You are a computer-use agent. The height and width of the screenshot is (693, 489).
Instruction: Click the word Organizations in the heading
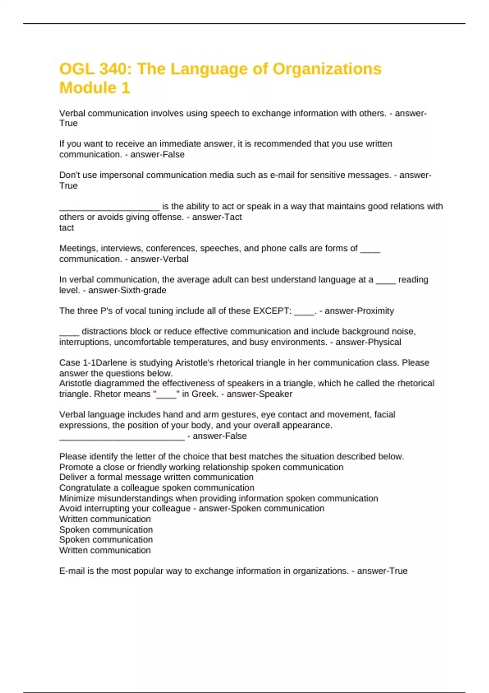[327, 69]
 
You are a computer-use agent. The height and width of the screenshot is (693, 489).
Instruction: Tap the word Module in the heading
[84, 88]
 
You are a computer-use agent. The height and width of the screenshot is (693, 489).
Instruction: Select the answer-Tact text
[217, 217]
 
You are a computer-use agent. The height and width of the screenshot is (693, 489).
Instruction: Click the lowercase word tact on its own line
[66, 227]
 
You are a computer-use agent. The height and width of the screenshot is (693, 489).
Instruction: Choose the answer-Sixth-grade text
[127, 290]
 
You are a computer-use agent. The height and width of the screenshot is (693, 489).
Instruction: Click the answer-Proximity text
[359, 311]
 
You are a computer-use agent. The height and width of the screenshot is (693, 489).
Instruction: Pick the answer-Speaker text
[259, 394]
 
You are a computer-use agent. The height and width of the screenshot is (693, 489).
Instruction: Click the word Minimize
[77, 498]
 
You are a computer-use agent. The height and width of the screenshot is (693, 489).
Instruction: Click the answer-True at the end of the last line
[382, 571]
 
